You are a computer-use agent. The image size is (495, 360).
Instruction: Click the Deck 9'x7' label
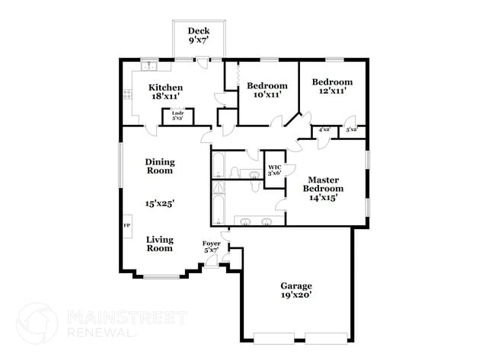pyautogui.click(x=199, y=36)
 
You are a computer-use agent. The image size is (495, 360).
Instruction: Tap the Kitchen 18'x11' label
pyautogui.click(x=165, y=92)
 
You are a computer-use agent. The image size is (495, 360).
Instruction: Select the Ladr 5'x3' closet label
pyautogui.click(x=177, y=116)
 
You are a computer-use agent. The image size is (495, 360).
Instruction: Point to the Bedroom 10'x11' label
pyautogui.click(x=267, y=91)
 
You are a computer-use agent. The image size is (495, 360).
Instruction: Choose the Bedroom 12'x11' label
pyautogui.click(x=333, y=87)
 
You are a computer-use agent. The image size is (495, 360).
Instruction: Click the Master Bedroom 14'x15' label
pyautogui.click(x=323, y=188)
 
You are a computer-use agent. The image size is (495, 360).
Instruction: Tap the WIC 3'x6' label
pyautogui.click(x=274, y=170)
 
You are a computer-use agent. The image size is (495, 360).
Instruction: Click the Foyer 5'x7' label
pyautogui.click(x=211, y=247)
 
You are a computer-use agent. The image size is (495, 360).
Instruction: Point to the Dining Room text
pyautogui.click(x=160, y=166)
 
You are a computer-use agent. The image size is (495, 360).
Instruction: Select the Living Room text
pyautogui.click(x=160, y=244)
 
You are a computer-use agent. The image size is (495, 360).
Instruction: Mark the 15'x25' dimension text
pyautogui.click(x=160, y=203)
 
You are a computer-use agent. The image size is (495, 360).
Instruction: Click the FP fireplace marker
pyautogui.click(x=126, y=226)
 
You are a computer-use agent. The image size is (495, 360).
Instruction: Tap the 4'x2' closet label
pyautogui.click(x=324, y=130)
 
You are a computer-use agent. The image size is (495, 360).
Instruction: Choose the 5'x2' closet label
pyautogui.click(x=352, y=130)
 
